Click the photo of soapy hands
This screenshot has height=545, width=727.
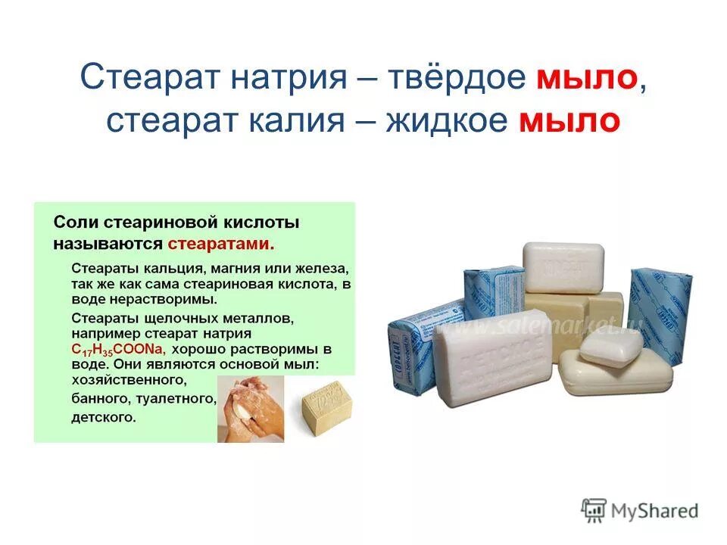tap(251, 409)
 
